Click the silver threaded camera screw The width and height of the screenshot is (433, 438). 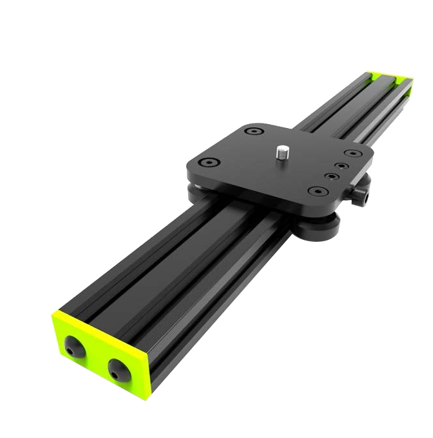click(282, 152)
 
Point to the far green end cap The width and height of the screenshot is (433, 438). click(388, 78)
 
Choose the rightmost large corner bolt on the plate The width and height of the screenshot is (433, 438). click(351, 154)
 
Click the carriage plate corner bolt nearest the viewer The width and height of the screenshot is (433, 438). click(316, 191)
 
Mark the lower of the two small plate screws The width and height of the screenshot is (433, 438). click(331, 176)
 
